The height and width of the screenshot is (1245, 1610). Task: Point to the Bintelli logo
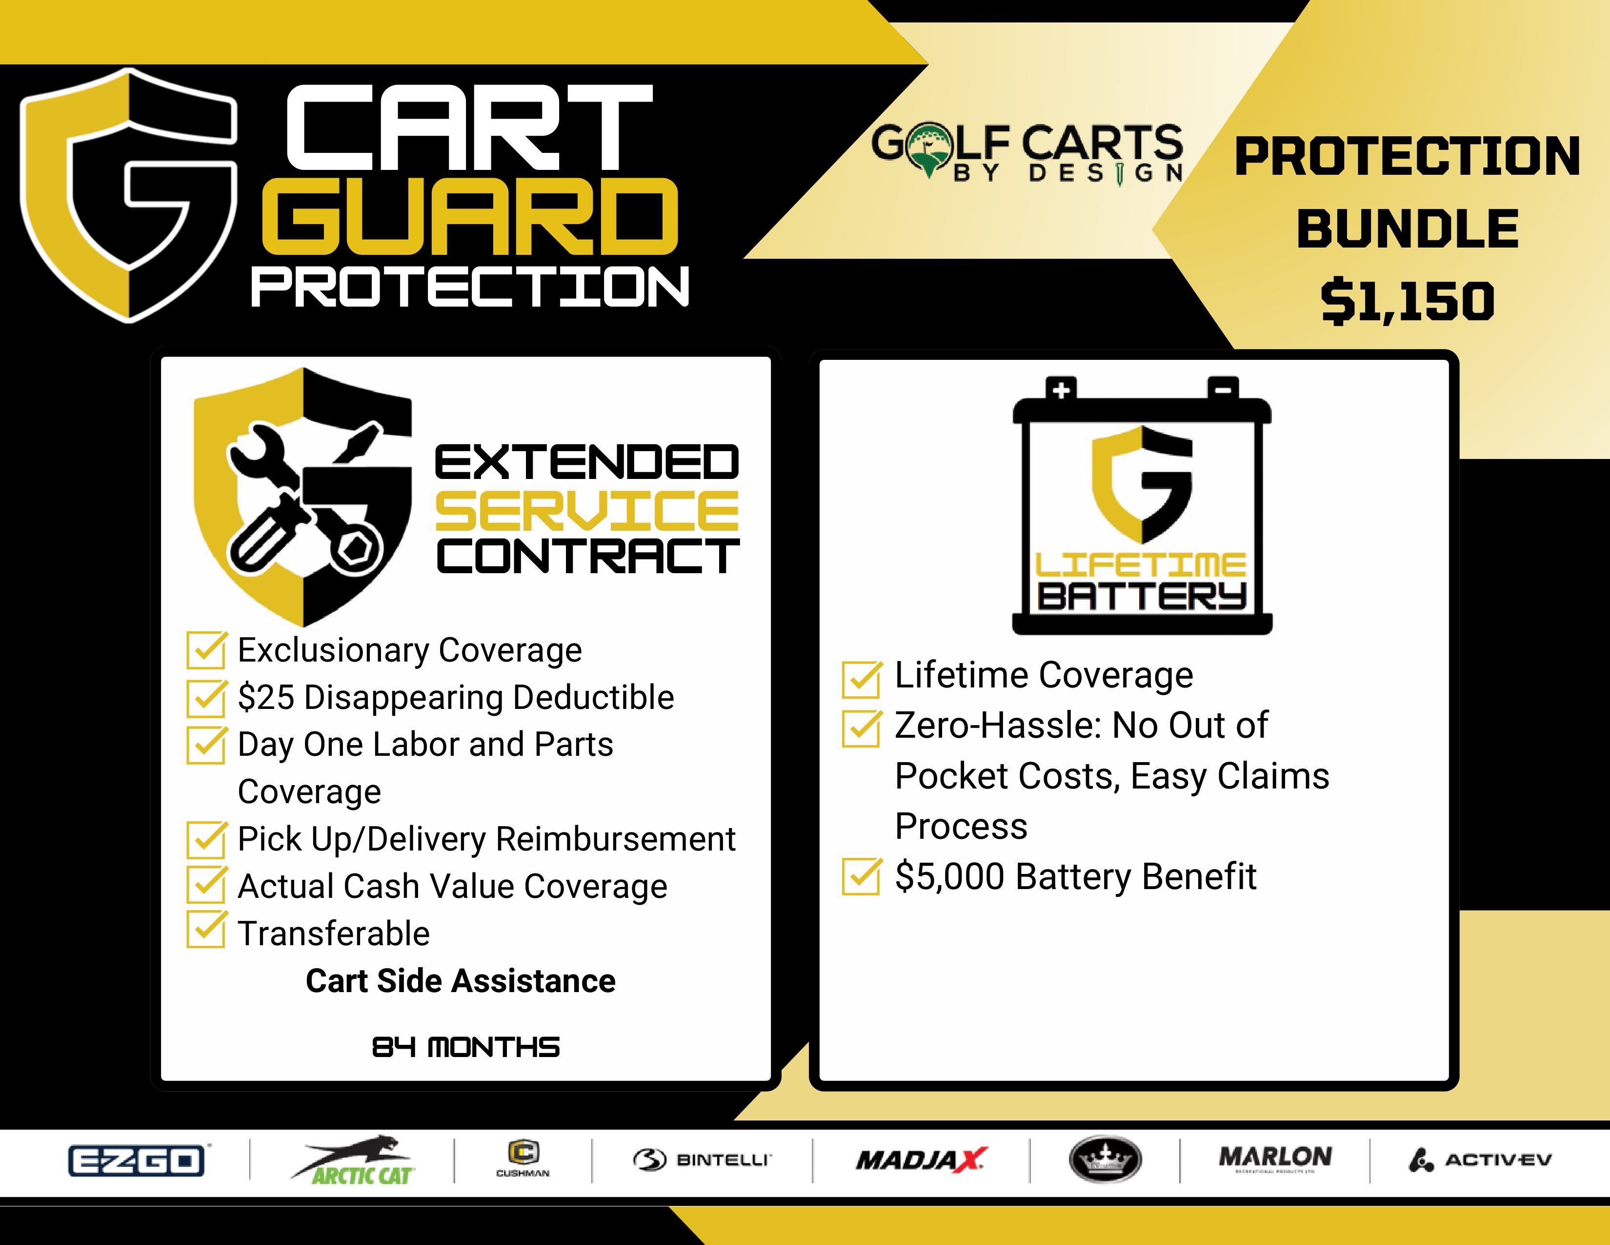(702, 1160)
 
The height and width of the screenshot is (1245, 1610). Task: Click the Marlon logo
(1275, 1159)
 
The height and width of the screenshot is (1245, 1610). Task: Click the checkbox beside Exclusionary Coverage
(206, 649)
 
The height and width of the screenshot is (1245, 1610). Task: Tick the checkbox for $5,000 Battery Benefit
(862, 876)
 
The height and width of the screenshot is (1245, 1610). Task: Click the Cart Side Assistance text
(461, 981)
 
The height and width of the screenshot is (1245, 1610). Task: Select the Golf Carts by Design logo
(1027, 153)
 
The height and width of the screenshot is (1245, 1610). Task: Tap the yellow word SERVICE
(587, 511)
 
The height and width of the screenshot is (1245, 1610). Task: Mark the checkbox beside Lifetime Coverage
(862, 679)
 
